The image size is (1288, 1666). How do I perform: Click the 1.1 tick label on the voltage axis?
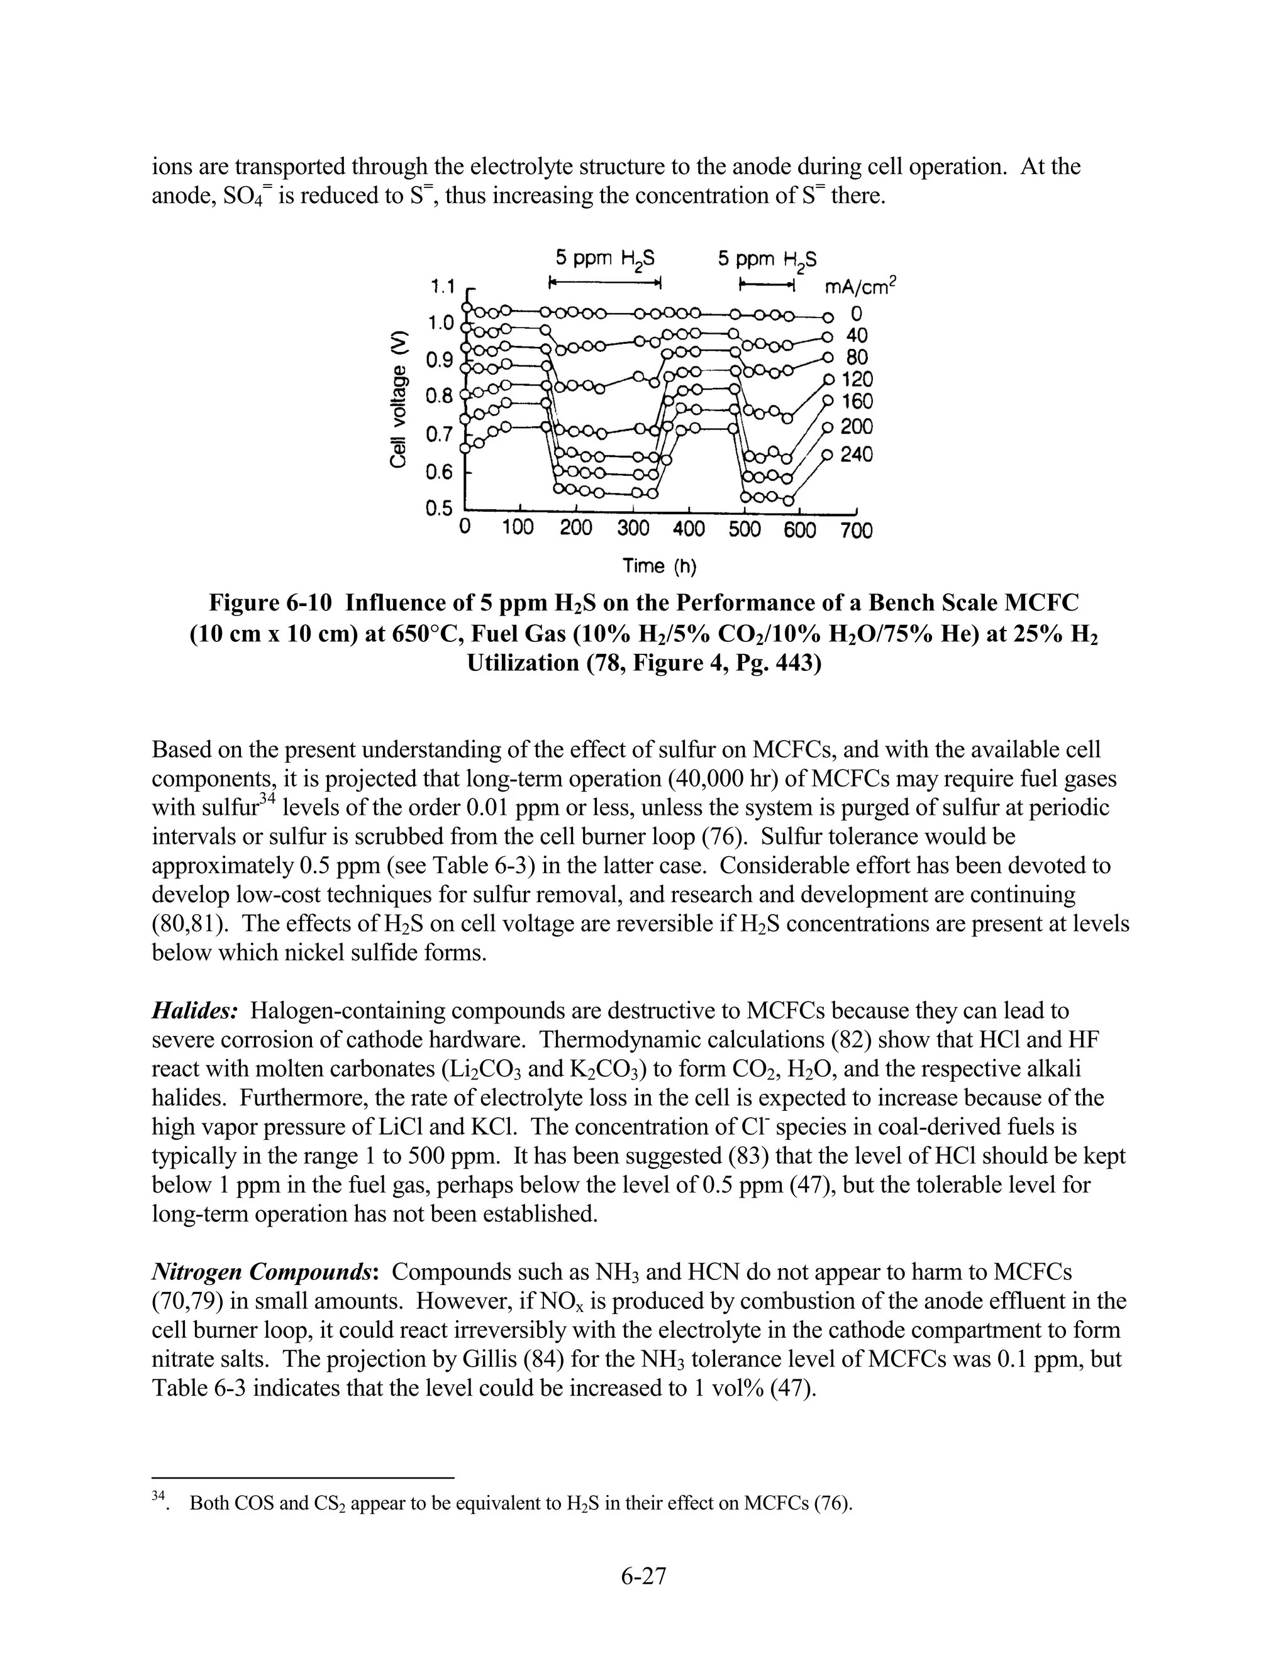(441, 287)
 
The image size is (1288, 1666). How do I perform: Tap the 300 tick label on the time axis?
(633, 529)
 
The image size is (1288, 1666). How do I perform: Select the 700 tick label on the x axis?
(856, 530)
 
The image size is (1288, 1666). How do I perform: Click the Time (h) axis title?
(660, 566)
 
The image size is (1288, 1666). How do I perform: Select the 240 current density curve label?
(856, 455)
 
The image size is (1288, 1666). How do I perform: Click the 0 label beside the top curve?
(856, 312)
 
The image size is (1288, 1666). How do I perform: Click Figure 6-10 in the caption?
(271, 604)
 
